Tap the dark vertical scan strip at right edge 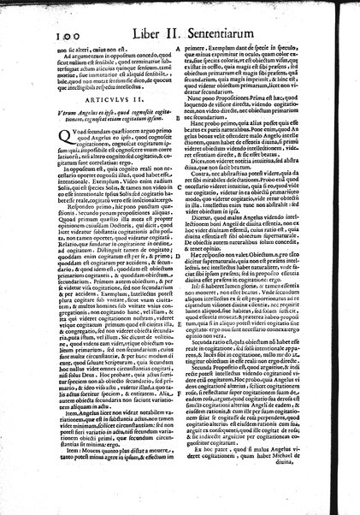[355, 257]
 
